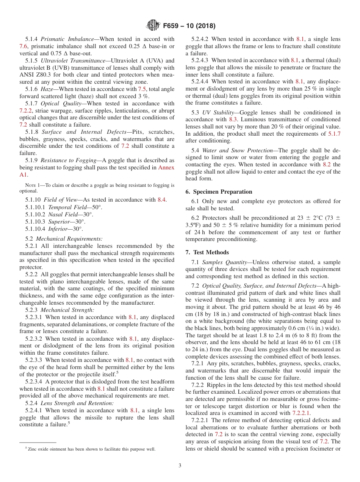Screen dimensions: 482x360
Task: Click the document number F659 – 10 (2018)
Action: point(189,26)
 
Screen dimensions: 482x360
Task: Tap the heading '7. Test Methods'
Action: point(207,252)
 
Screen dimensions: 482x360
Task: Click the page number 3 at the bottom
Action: point(180,465)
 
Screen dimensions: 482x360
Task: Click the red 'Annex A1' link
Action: point(166,167)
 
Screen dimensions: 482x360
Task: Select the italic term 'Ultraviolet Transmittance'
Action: point(73,61)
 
